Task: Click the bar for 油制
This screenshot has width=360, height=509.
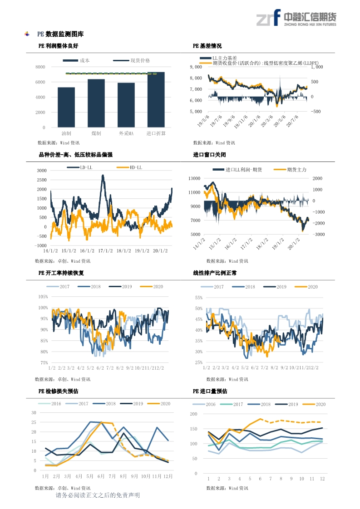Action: [x=66, y=107]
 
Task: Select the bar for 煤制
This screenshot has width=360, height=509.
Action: [x=96, y=103]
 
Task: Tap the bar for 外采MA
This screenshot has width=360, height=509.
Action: [x=126, y=105]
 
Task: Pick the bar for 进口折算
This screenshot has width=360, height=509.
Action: [x=156, y=99]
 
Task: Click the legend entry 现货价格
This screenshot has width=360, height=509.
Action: [x=140, y=60]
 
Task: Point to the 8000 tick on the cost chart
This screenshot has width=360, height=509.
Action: [x=40, y=67]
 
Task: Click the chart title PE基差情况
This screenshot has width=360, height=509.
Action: [x=207, y=46]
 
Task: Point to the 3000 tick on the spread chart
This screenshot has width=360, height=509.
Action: [x=42, y=171]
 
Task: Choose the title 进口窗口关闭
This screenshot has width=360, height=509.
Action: [x=209, y=155]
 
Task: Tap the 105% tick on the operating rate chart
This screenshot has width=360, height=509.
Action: [x=43, y=297]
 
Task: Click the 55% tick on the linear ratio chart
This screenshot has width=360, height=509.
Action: [x=198, y=298]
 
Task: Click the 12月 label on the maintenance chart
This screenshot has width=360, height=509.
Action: [x=168, y=476]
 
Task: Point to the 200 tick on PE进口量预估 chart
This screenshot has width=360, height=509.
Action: [x=193, y=414]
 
